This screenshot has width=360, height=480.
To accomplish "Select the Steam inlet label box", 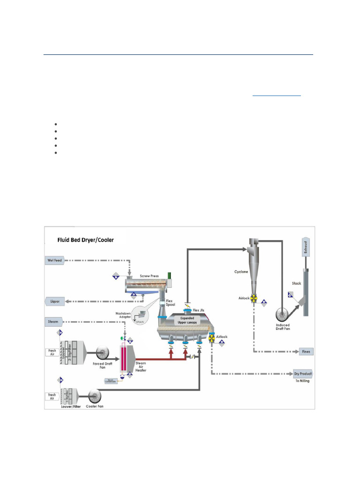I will tap(53, 322).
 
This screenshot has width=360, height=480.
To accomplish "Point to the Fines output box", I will tap(306, 352).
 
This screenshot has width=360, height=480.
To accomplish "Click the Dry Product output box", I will tap(303, 374).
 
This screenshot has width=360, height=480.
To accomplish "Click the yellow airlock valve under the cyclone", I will tap(253, 298).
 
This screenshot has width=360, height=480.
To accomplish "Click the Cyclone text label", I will tap(241, 271).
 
